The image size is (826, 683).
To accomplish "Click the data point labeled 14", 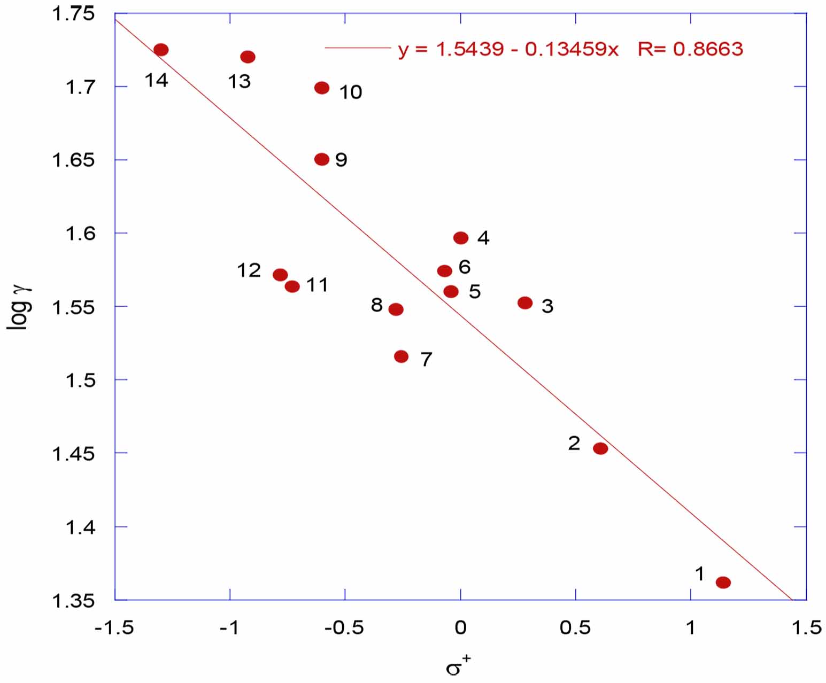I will coord(161,50).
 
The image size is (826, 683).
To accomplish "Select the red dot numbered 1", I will coord(723,583).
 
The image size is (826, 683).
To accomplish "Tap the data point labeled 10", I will coord(322,88).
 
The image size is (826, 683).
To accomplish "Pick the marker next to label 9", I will coord(322,159).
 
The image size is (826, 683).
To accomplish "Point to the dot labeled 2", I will coord(600,448).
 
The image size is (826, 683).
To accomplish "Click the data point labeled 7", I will coord(401,356).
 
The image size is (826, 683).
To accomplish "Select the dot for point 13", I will coord(248,57).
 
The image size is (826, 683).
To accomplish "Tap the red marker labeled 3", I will coord(525,303).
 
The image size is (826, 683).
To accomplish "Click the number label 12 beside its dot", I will coord(249,270).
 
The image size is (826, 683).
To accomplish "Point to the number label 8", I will coord(377,305).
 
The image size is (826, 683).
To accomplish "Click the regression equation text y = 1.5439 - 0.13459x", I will coord(508,49).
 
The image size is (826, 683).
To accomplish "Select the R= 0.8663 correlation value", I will coord(690,49).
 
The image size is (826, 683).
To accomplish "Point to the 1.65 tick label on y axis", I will coord(73,160).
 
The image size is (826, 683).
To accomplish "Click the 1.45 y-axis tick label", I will coord(73,454).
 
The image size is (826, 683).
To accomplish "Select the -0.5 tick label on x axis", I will coord(344,627).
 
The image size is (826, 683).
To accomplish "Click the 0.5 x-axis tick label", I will coord(575,627).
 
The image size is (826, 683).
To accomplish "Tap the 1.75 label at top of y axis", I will coord(73,13).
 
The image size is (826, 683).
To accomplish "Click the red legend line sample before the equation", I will coord(358,48).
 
